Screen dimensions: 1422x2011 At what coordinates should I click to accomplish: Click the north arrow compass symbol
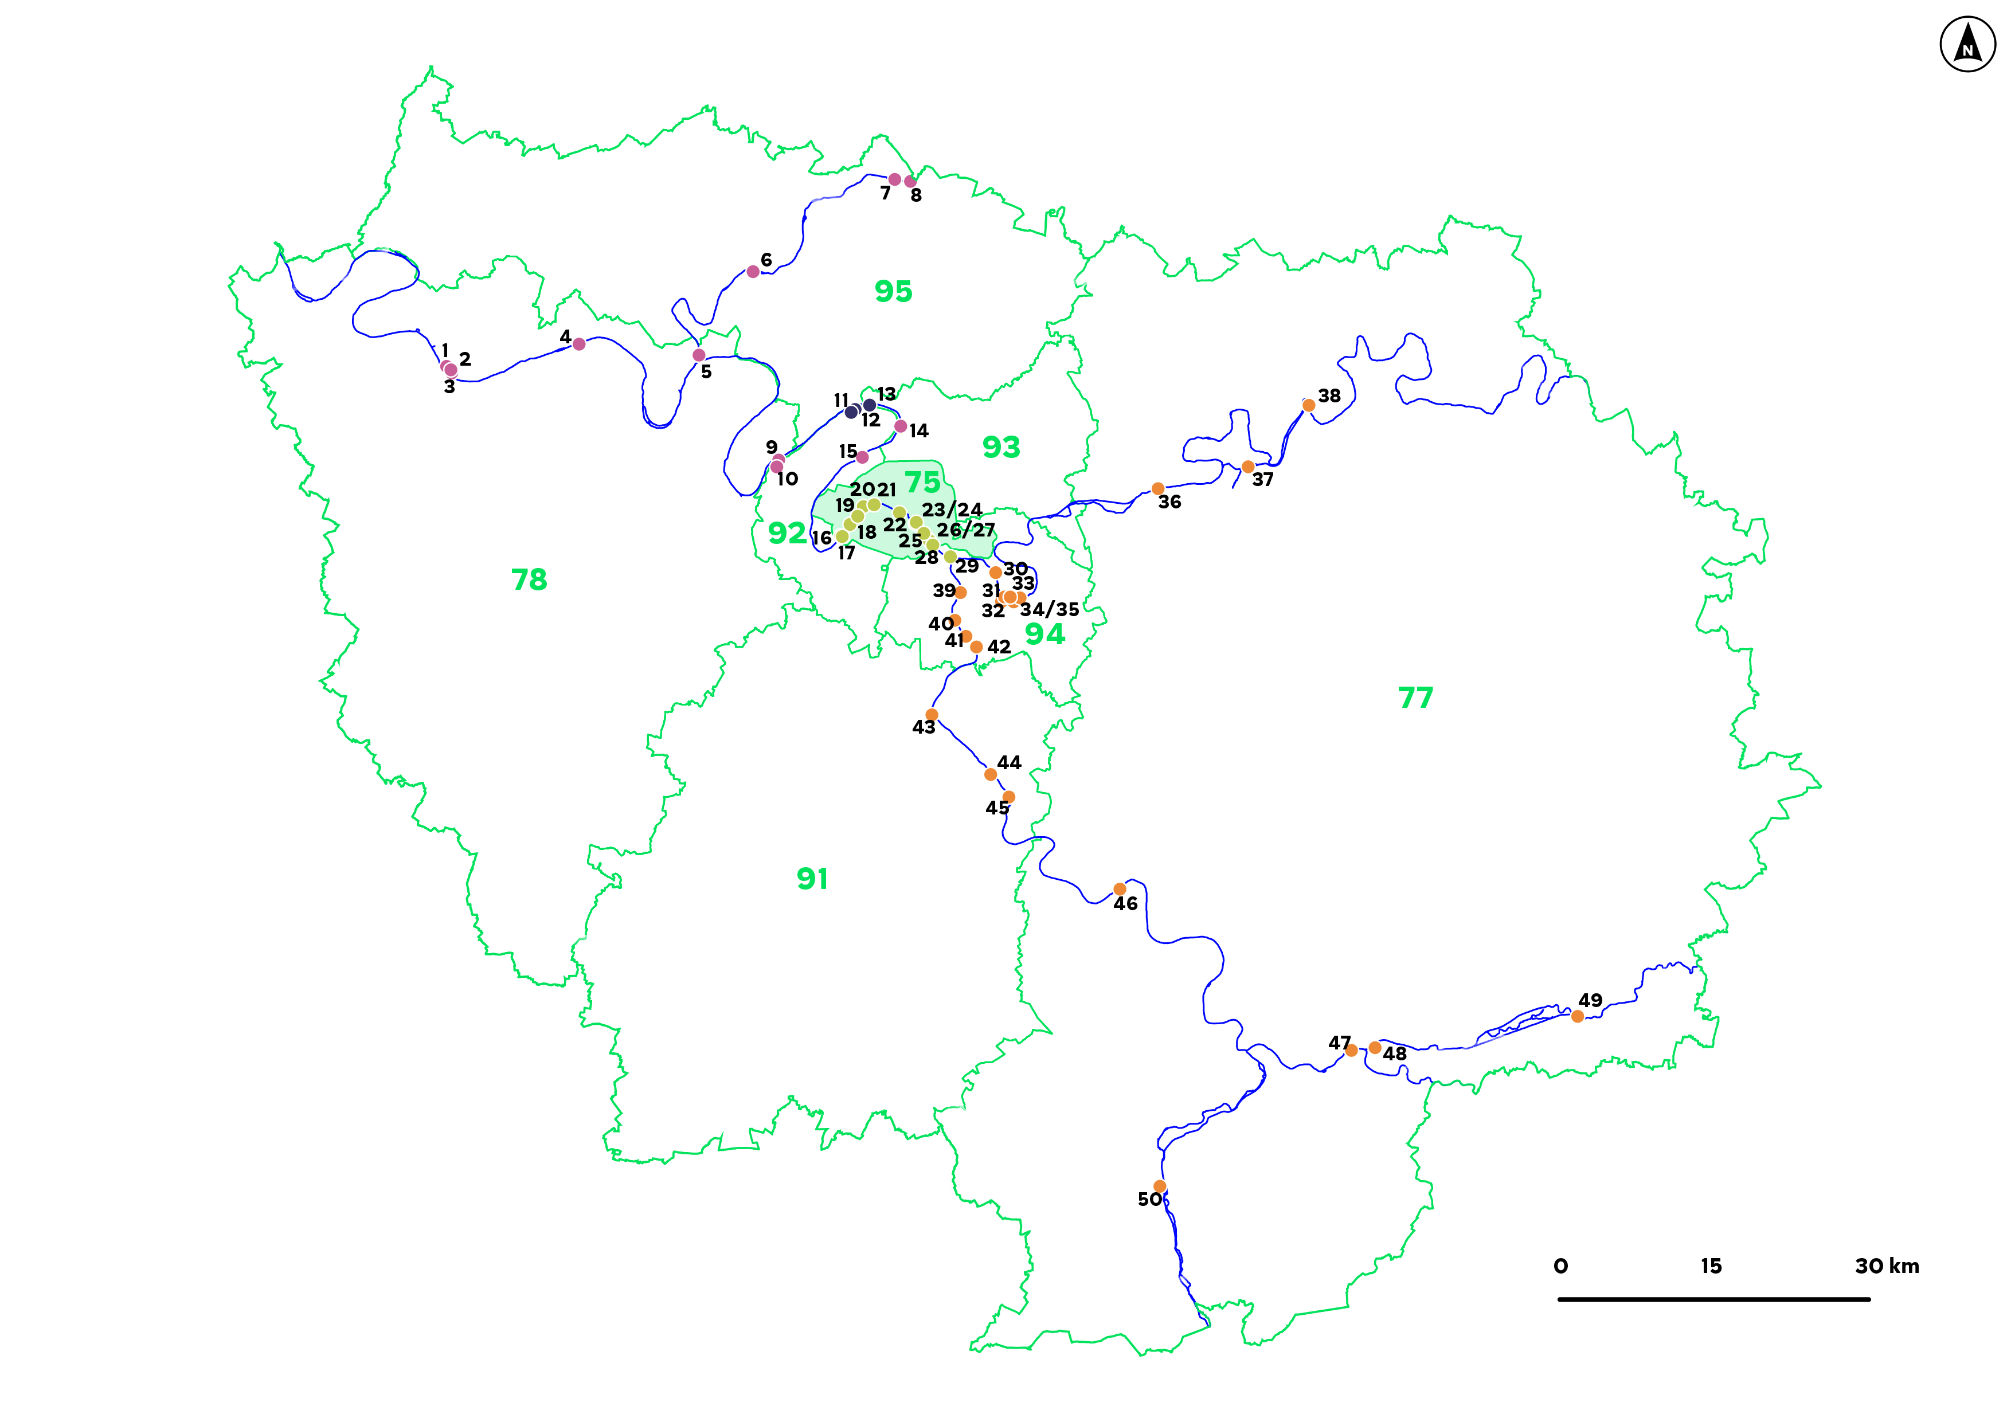1967,44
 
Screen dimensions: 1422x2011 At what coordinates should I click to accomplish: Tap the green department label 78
529,579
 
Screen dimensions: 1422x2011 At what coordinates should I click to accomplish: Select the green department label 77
1415,698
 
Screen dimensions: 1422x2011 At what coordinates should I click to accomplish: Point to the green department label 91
812,878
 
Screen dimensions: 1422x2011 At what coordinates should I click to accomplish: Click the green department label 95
893,291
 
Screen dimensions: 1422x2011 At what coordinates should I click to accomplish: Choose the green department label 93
1001,448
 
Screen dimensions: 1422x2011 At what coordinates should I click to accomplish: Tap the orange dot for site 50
1160,1186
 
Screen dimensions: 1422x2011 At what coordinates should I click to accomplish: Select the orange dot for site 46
1120,890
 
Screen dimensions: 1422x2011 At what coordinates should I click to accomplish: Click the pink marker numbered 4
579,344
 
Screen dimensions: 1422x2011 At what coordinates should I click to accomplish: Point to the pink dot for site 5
699,355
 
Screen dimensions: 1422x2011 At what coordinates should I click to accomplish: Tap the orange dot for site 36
1158,488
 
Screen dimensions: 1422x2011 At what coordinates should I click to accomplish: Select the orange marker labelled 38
1309,405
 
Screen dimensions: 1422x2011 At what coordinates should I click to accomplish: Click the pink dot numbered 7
894,179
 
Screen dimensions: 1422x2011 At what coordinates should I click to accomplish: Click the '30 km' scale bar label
1887,1266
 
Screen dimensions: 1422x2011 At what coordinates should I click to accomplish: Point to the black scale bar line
1713,1299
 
